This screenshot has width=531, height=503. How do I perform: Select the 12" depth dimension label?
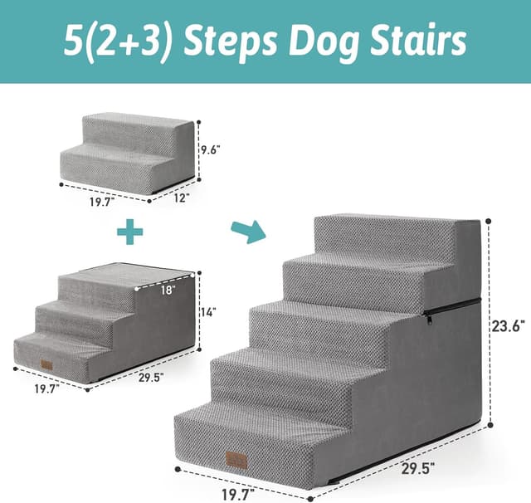[182, 198]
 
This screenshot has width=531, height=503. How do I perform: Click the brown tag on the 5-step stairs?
[236, 459]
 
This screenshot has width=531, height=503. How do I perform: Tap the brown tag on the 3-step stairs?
[46, 364]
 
